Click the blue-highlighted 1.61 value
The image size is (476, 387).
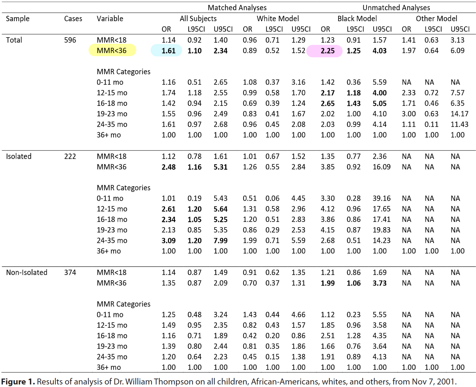coord(168,51)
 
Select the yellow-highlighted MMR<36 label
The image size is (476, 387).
coord(112,51)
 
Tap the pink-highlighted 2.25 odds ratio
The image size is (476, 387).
coord(327,51)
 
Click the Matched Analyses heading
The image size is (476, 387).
coord(237,8)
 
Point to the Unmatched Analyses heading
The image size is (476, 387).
coord(396,8)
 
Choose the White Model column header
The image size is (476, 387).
coord(277,19)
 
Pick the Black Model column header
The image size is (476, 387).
coord(357,19)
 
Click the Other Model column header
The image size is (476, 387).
coord(436,19)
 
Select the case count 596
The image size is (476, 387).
coord(70,40)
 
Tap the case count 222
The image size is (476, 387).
coord(70,156)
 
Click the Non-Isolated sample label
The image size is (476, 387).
coord(27,272)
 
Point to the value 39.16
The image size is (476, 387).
coord(381,198)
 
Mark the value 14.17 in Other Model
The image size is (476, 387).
coord(459,114)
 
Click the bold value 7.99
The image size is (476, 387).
coord(220,241)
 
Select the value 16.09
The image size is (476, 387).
coord(381,167)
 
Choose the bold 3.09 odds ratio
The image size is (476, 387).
coord(168,241)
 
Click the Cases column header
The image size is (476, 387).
coord(73,19)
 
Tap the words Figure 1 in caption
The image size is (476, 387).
coord(18,382)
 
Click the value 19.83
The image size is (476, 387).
coord(381,230)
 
